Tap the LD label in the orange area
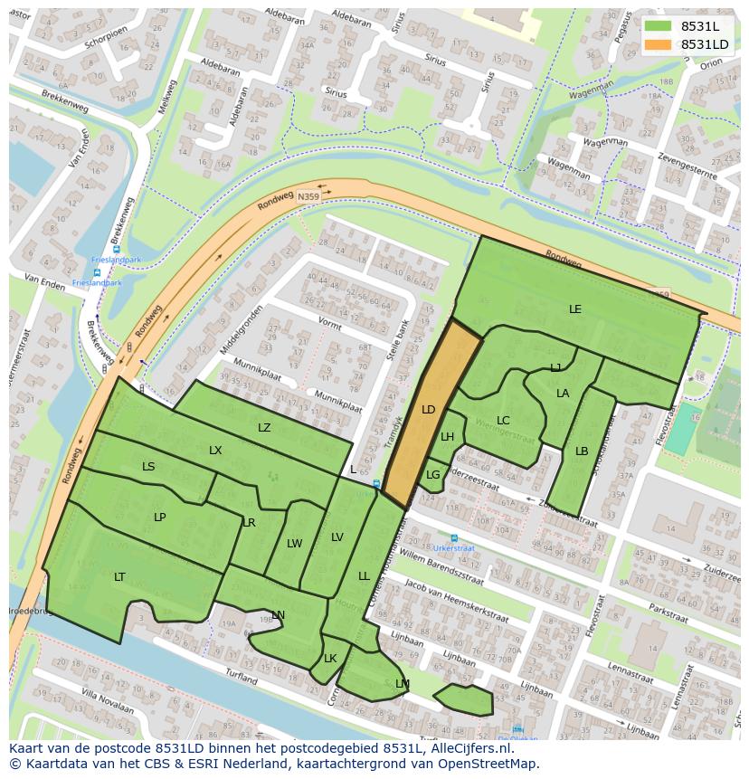click(428, 410)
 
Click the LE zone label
click(574, 309)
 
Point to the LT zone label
click(119, 576)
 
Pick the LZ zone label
click(264, 428)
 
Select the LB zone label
click(582, 451)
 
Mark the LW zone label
click(294, 544)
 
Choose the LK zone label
click(330, 659)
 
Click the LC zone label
click(503, 421)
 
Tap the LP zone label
click(160, 518)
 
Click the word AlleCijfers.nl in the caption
click(469, 748)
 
